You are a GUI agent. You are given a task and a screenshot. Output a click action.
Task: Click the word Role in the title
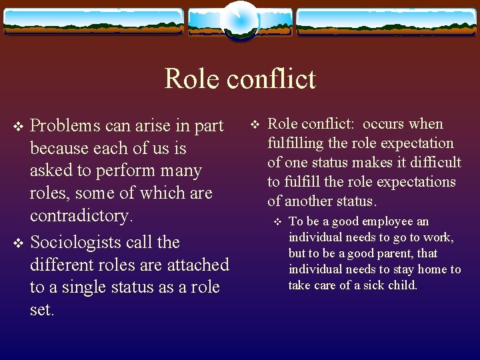[191, 79]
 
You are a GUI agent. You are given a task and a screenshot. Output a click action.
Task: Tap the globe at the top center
[239, 20]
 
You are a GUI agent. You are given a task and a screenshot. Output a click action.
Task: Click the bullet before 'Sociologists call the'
[18, 243]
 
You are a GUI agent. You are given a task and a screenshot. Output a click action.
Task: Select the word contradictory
[81, 216]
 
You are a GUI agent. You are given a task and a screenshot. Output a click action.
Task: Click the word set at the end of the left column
[41, 311]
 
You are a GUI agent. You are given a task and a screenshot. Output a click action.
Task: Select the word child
[403, 285]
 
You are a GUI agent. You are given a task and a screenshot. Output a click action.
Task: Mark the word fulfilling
[295, 143]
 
